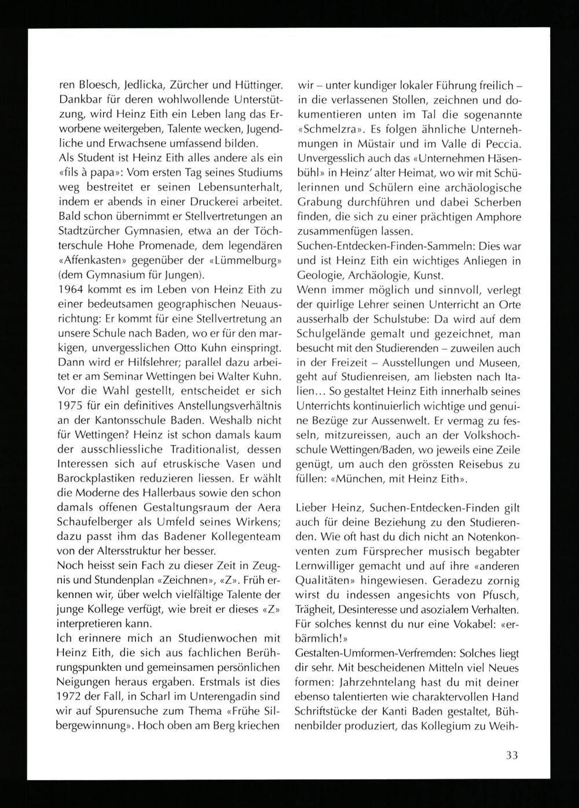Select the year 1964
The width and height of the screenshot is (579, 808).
(x=70, y=290)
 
